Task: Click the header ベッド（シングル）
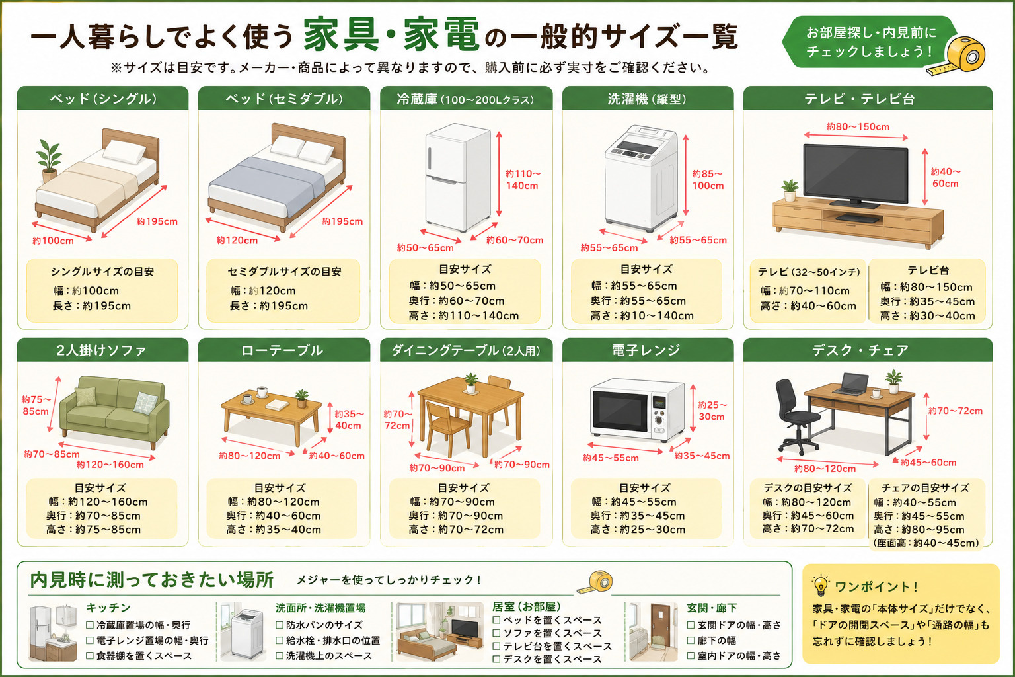(103, 99)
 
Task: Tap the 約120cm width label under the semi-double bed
(237, 241)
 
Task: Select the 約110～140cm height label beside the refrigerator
(523, 180)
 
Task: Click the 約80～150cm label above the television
(858, 126)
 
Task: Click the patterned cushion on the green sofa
(146, 402)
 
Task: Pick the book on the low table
(278, 404)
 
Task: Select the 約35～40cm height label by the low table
(349, 420)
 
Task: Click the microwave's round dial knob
(659, 420)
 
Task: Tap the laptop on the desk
(852, 383)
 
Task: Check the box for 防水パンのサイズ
(280, 625)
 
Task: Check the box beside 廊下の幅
(691, 640)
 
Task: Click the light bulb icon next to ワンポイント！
(821, 586)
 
